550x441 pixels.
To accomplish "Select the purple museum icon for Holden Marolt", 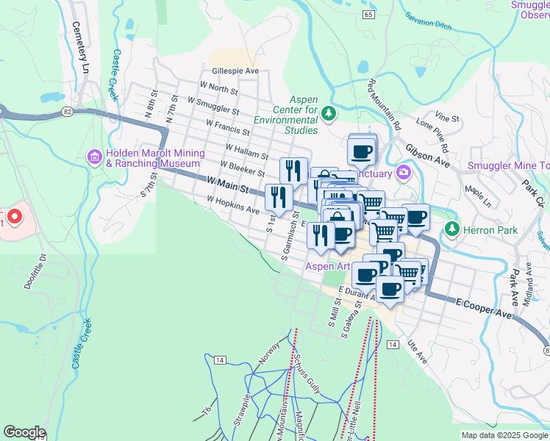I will click(x=95, y=157).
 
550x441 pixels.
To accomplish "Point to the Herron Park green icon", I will click(x=451, y=230).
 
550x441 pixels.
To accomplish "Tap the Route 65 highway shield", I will click(x=368, y=14).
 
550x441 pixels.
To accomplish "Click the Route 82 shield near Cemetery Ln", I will click(x=67, y=111).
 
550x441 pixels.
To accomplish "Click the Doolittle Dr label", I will click(x=35, y=271).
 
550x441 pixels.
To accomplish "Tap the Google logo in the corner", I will click(x=24, y=432).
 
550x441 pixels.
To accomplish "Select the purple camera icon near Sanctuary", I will click(x=403, y=173).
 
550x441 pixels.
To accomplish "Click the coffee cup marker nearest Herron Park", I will click(x=415, y=218).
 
